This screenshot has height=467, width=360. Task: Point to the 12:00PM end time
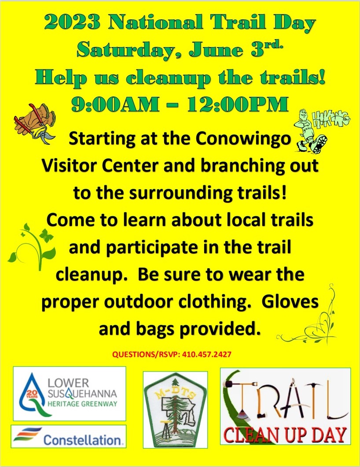[x=238, y=104]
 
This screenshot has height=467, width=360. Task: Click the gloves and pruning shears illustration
[x=34, y=123]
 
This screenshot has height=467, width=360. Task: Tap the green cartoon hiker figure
[x=310, y=131]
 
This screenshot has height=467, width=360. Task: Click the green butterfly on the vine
[x=46, y=235]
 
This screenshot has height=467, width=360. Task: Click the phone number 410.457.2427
[x=206, y=354]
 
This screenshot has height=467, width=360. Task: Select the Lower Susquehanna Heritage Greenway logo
[x=70, y=393]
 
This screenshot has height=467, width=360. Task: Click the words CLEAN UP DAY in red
[x=285, y=434]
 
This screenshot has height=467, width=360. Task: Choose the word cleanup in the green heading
[x=168, y=78]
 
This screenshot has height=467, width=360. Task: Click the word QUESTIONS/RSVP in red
[x=146, y=354]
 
